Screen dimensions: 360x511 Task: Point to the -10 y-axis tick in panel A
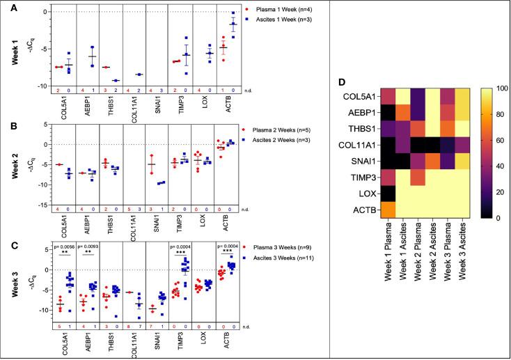[x=23, y=86]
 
